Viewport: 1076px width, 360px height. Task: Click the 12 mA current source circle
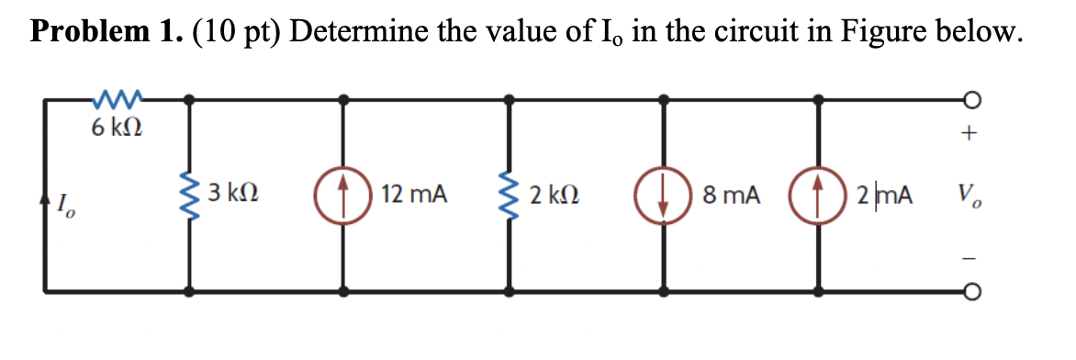tap(344, 195)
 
